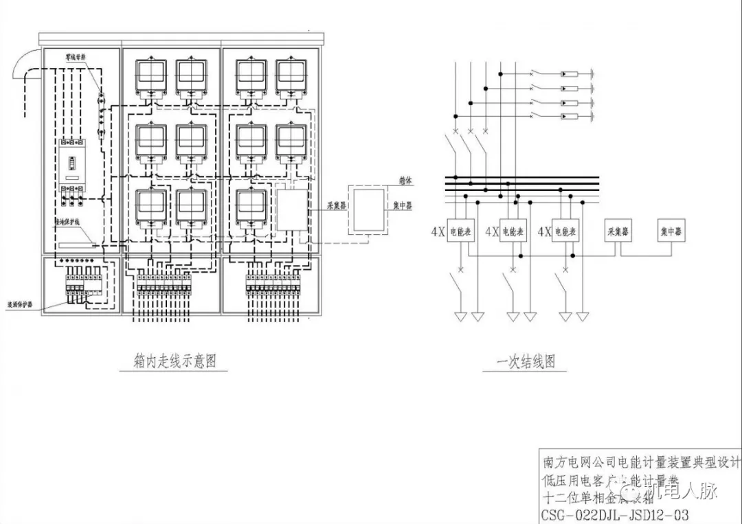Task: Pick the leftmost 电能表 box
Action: click(x=460, y=231)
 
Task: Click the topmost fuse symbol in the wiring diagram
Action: click(x=570, y=74)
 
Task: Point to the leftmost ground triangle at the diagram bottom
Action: click(x=460, y=317)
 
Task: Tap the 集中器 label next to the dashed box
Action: click(x=403, y=205)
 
